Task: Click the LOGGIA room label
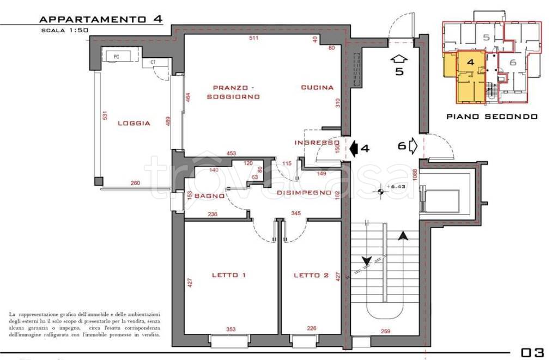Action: [x=134, y=124]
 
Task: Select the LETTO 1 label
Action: [x=229, y=276]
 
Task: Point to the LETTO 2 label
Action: [x=311, y=276]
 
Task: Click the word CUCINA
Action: [x=317, y=88]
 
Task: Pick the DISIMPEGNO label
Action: [x=304, y=193]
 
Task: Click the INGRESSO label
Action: [x=317, y=143]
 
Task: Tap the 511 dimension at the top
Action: [x=253, y=38]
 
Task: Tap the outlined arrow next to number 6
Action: [x=413, y=145]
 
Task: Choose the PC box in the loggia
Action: [x=116, y=56]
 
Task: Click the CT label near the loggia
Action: [x=153, y=63]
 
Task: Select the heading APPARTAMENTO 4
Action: [x=100, y=19]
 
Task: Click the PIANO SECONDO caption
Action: [x=492, y=116]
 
